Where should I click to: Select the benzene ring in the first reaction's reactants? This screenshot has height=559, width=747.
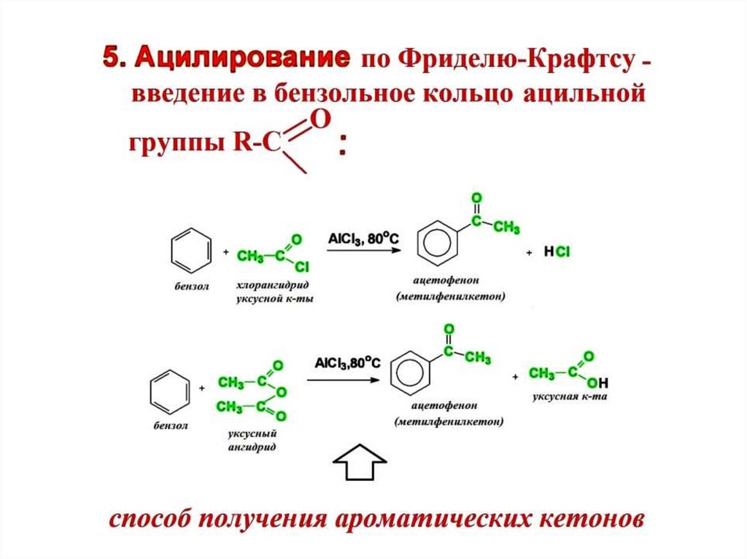[x=191, y=249]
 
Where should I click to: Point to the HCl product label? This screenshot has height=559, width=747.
[x=557, y=252]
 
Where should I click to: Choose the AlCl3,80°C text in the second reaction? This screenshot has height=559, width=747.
[x=347, y=362]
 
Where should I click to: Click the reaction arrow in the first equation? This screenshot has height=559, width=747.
[x=363, y=251]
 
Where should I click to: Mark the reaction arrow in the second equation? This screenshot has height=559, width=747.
[x=343, y=379]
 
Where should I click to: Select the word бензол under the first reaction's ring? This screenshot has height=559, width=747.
[x=191, y=286]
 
